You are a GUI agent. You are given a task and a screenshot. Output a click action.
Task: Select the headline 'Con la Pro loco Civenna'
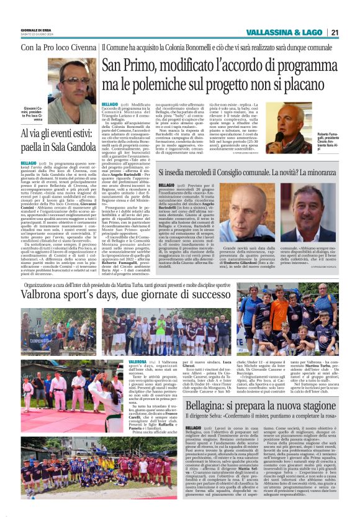pos(58,47)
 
